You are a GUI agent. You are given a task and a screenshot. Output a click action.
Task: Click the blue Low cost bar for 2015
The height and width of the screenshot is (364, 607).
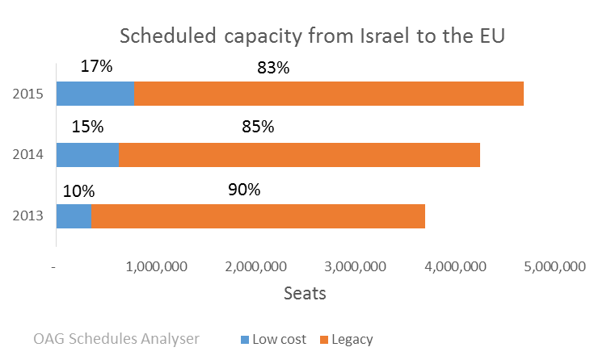[95, 94]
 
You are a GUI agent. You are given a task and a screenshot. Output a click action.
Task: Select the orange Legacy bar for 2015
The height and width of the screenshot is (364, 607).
[328, 94]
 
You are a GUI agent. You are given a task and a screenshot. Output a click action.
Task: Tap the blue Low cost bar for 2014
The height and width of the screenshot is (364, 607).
[87, 155]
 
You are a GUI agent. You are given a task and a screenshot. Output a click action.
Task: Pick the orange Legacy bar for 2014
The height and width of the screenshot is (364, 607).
[299, 155]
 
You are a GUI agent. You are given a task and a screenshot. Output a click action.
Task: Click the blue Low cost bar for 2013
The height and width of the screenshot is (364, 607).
[74, 216]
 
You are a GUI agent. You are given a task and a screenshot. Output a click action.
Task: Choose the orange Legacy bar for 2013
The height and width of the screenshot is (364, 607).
[258, 216]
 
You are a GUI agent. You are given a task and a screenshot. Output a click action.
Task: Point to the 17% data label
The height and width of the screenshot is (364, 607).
[96, 66]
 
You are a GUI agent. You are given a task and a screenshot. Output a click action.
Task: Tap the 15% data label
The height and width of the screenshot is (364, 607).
[87, 127]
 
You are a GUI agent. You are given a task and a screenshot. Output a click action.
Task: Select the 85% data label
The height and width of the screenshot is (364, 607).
[258, 127]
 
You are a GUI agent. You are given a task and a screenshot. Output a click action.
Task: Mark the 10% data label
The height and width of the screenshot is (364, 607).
[78, 191]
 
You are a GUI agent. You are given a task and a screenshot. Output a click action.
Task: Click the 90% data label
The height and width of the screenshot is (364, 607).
[243, 190]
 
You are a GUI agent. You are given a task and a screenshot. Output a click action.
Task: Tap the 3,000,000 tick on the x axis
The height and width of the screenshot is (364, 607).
[360, 267]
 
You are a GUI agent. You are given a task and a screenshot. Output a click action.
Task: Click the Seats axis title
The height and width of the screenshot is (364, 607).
[305, 293]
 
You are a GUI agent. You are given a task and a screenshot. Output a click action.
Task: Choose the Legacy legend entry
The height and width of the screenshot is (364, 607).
[347, 340]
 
